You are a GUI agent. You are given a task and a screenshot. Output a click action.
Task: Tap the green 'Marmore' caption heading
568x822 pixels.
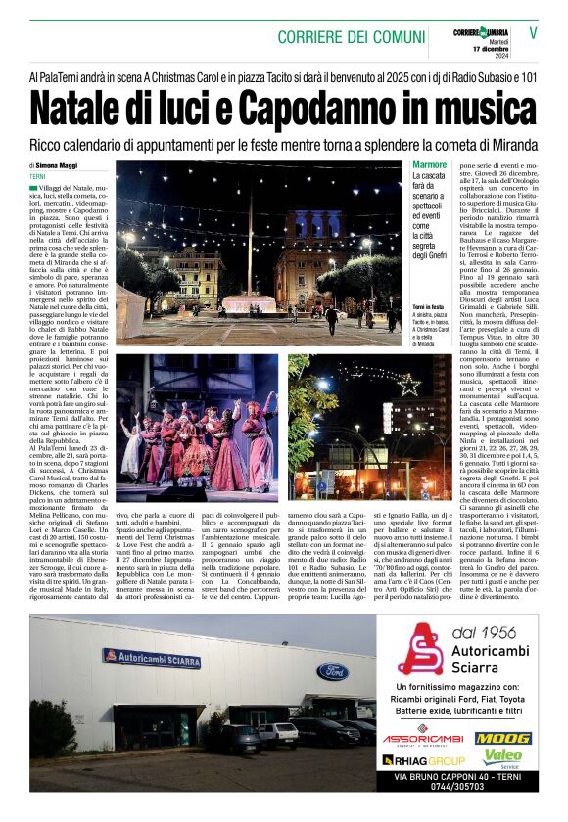tap(431, 165)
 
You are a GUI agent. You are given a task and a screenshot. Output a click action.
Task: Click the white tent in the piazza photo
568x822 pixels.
tap(131, 312)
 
